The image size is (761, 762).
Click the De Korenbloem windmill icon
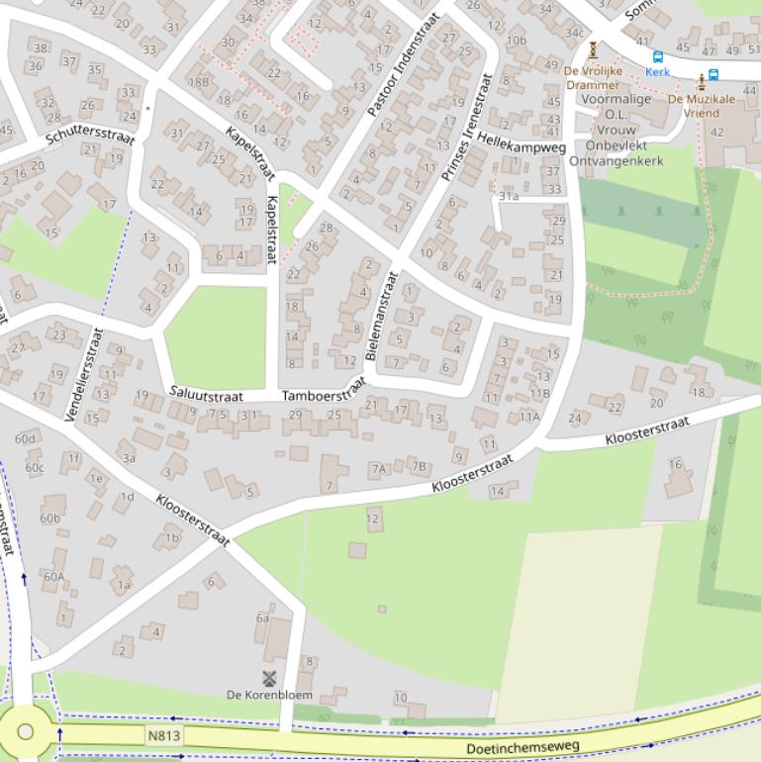pos(268,678)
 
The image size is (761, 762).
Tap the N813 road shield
pos(163,735)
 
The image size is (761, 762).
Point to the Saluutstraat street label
pos(206,393)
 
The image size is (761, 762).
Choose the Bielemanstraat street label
pos(379,316)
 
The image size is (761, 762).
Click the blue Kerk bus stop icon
pos(658,57)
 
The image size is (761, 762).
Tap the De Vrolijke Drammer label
pos(593,77)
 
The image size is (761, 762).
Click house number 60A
pos(53,576)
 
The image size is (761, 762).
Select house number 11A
pos(530,417)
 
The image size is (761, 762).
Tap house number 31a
pos(509,196)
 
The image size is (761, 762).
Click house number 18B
pos(198,82)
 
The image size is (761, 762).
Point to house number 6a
pos(262,618)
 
